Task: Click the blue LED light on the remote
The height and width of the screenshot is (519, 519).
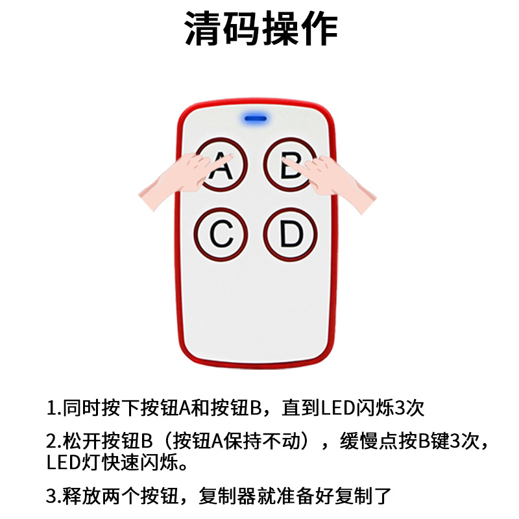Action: click(x=256, y=119)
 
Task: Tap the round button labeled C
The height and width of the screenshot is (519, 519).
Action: click(x=221, y=235)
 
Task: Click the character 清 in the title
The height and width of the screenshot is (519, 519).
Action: click(x=204, y=30)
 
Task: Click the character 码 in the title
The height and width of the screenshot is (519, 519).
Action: click(x=241, y=30)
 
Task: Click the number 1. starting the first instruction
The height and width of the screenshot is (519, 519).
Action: click(x=53, y=409)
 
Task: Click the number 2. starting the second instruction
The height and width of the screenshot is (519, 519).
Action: click(x=54, y=442)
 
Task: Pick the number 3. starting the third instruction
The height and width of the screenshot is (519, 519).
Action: click(x=54, y=498)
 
